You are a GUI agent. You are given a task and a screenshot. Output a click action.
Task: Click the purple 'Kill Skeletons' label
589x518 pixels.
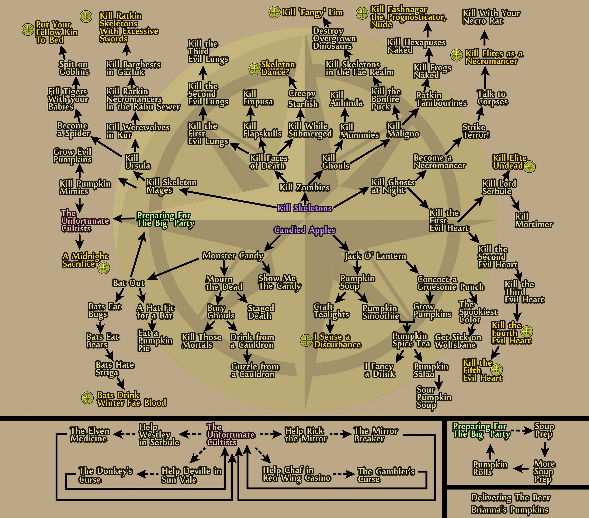(x=305, y=208)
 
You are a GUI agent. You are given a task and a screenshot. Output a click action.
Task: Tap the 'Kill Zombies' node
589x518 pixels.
(x=305, y=187)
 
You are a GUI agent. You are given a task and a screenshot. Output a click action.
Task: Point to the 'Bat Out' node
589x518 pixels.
(x=129, y=283)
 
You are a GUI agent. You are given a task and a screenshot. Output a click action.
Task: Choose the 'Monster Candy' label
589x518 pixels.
(x=233, y=256)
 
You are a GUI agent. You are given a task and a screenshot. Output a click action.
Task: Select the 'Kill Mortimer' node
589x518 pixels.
(x=534, y=220)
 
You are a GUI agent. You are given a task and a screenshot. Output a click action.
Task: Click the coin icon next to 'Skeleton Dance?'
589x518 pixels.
(x=255, y=69)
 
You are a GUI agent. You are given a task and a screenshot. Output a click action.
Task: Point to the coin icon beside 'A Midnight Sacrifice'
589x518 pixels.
(x=104, y=268)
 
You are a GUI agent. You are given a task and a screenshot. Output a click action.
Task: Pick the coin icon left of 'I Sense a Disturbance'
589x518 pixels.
(x=306, y=340)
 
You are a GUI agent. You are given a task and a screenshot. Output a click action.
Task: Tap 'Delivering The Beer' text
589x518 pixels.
(x=511, y=497)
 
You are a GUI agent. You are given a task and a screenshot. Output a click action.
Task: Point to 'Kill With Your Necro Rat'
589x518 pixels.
(x=491, y=17)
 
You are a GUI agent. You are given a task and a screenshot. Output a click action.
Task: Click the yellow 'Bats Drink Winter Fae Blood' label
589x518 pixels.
(x=132, y=399)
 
